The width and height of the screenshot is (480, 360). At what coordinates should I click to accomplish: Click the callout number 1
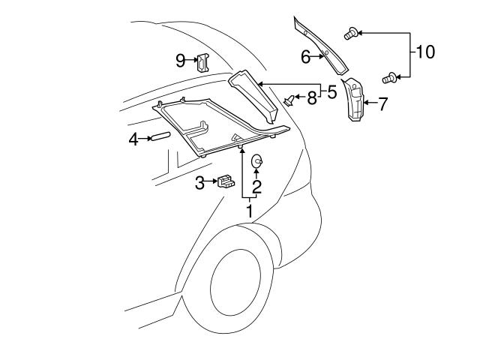[x=250, y=211]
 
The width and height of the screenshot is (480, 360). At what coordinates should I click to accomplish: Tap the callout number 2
[x=256, y=187]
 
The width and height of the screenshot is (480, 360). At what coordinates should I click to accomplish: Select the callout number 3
[x=200, y=182]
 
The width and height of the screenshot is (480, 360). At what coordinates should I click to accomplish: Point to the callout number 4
[x=133, y=139]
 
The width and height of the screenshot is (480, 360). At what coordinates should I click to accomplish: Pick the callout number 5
[x=331, y=93]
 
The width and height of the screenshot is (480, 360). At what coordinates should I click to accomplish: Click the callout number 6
[x=305, y=56]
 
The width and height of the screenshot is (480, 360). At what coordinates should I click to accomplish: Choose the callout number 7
[x=382, y=103]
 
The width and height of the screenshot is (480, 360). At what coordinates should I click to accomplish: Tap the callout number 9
[x=181, y=61]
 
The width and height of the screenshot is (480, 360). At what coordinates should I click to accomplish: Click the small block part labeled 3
[x=225, y=181]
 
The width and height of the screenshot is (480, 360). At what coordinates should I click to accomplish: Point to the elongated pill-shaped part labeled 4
[x=160, y=136]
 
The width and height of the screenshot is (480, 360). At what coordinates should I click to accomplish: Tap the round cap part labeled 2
[x=256, y=159]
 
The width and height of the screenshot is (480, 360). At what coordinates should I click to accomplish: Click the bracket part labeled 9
[x=202, y=62]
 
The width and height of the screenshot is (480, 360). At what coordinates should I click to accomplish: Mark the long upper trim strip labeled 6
[x=322, y=45]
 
